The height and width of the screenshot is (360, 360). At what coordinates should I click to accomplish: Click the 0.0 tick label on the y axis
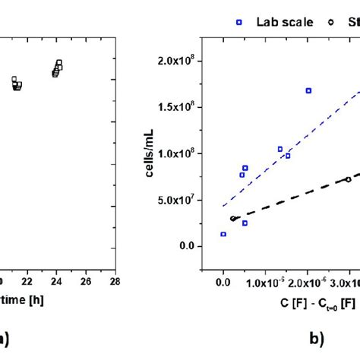tap(198, 246)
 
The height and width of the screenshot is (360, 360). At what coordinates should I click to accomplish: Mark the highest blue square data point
tap(308, 90)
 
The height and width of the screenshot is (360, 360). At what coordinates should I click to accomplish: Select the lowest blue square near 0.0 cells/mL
tap(223, 235)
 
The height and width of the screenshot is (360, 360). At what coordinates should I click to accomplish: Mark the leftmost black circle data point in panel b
tap(232, 219)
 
